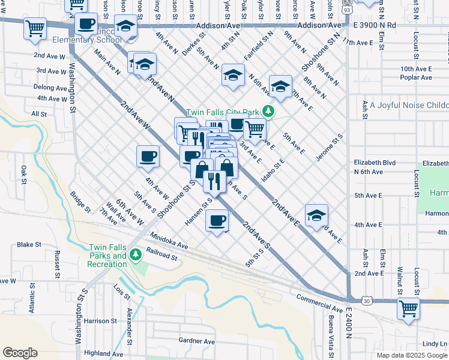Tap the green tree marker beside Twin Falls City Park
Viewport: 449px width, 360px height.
click(x=270, y=112)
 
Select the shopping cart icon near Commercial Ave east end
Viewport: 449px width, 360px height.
click(x=408, y=308)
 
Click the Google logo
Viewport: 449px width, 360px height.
click(x=20, y=353)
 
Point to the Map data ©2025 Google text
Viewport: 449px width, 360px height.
click(x=411, y=355)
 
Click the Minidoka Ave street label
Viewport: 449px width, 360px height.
click(x=169, y=241)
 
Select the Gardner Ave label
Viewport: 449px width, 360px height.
click(x=196, y=341)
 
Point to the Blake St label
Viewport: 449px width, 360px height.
click(x=29, y=245)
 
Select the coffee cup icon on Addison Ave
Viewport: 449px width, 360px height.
click(x=86, y=24)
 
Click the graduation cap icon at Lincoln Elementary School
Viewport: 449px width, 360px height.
click(x=125, y=27)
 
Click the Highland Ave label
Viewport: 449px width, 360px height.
click(x=99, y=353)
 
